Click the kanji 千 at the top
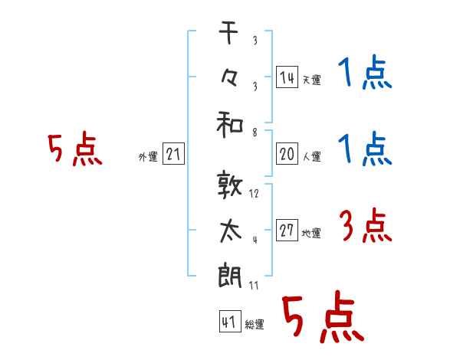[230, 34]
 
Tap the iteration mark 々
[230, 79]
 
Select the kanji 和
[230, 123]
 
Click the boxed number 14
[287, 77]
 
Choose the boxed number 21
[173, 154]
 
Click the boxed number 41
[228, 322]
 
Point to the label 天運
[311, 80]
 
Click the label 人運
[311, 156]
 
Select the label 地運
[311, 233]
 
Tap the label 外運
[147, 156]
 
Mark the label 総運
[254, 325]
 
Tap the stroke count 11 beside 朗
[255, 285]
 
